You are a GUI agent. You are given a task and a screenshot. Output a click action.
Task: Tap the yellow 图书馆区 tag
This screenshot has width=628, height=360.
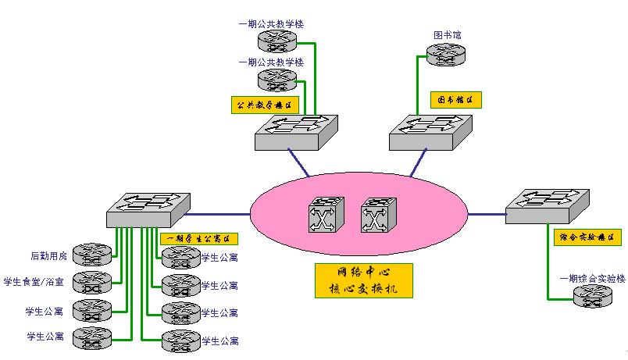pos(455,100)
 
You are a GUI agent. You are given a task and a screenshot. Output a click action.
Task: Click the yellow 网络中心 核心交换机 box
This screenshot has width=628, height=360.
pos(363,280)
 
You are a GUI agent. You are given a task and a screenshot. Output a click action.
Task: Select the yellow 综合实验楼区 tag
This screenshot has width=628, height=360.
pos(585,235)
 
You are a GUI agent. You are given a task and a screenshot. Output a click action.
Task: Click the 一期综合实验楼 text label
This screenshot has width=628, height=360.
pos(592,279)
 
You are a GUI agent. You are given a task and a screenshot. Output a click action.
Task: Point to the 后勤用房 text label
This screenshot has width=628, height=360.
pos(48,255)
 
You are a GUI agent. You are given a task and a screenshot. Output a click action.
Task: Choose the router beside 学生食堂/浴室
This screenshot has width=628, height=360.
pos(92,282)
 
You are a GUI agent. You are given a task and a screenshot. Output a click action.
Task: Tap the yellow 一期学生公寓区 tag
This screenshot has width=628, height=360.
pos(198,239)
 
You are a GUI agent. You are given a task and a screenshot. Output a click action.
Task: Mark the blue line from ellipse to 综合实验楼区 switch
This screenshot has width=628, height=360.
pos(486,212)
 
